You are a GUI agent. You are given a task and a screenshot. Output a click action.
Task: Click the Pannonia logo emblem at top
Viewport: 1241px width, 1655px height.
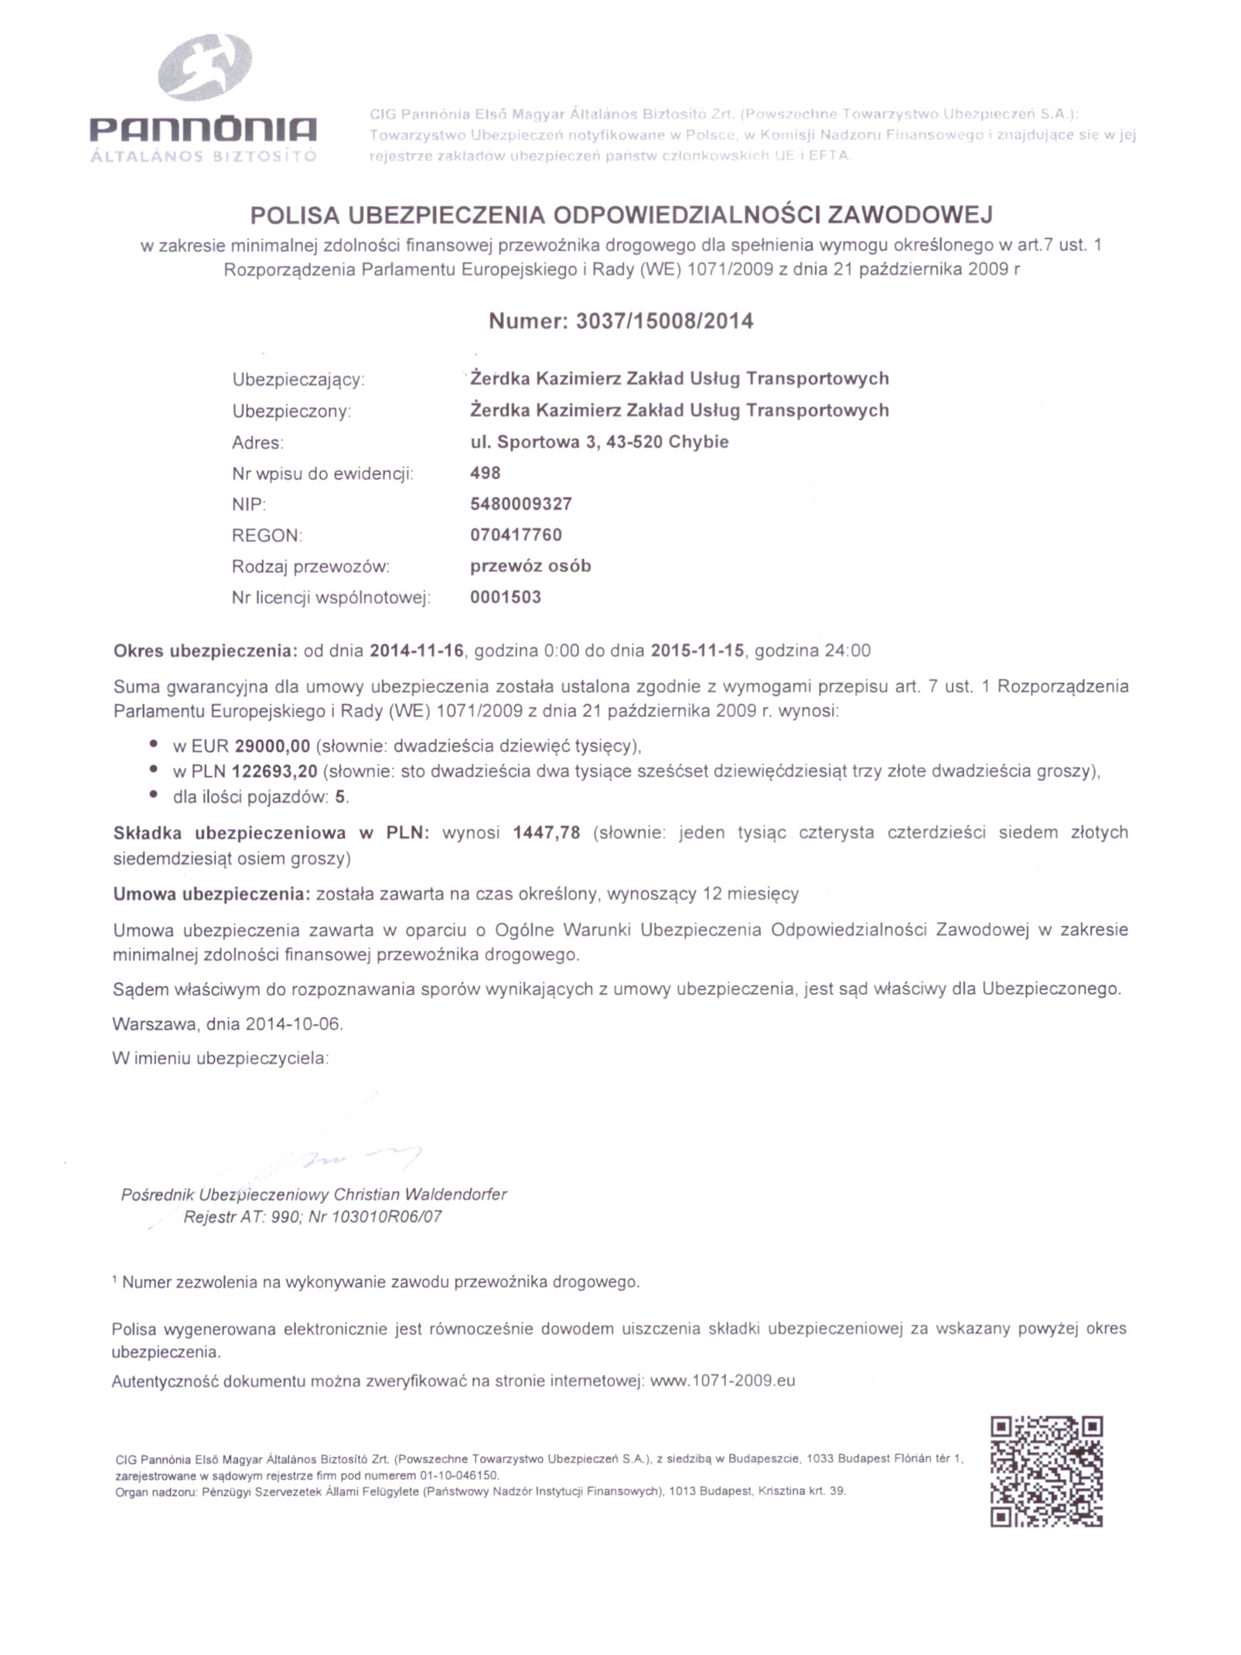[x=206, y=67]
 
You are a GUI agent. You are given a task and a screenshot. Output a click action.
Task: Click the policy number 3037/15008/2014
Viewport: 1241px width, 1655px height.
[x=664, y=322]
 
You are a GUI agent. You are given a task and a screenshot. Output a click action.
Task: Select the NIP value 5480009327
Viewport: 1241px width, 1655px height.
[x=520, y=504]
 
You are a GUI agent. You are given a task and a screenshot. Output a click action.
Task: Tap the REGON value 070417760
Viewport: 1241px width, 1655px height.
[x=516, y=535]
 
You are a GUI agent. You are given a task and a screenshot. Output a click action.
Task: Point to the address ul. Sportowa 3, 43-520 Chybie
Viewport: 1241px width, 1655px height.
[x=599, y=442]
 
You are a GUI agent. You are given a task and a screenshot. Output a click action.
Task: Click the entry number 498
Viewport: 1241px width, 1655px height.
[x=485, y=473]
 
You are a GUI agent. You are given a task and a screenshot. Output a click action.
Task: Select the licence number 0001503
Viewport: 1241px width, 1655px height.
[x=505, y=597]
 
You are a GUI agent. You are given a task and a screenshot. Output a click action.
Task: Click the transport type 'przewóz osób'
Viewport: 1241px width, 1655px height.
[x=530, y=566]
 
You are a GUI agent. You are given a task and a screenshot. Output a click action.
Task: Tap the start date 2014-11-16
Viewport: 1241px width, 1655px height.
[x=417, y=650]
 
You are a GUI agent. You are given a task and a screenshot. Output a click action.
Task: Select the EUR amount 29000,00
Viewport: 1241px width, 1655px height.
[x=272, y=746]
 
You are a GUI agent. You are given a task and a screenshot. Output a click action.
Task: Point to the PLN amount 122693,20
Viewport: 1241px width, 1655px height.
[x=274, y=771]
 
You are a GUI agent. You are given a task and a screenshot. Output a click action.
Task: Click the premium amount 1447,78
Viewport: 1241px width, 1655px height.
[x=546, y=833]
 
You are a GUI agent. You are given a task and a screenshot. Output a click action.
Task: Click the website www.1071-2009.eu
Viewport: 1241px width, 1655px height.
[x=722, y=1380]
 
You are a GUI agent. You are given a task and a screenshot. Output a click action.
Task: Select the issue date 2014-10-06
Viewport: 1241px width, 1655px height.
[x=293, y=1024]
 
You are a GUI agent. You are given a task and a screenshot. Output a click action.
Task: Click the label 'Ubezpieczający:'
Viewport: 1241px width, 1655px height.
[x=298, y=380]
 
